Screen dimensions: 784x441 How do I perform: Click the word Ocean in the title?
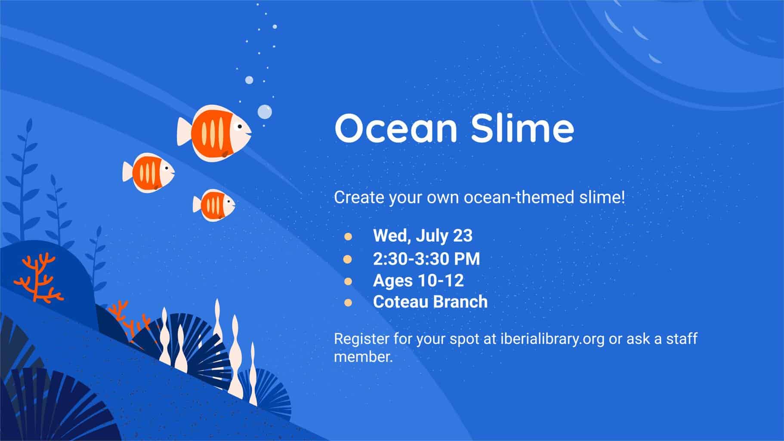click(395, 128)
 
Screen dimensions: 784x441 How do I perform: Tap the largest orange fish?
click(214, 133)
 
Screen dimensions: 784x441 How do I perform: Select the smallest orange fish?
click(214, 205)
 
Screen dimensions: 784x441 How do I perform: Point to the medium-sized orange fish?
click(148, 172)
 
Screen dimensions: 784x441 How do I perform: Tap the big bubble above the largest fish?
click(265, 112)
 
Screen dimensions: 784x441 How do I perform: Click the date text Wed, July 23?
click(423, 236)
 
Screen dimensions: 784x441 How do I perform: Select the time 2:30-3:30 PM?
click(426, 258)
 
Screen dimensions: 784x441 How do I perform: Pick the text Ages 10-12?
click(418, 280)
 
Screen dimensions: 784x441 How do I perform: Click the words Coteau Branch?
click(430, 301)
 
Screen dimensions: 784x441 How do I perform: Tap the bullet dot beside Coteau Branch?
click(348, 303)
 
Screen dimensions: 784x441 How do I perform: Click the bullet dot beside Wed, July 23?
click(348, 236)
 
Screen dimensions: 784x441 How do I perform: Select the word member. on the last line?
click(364, 357)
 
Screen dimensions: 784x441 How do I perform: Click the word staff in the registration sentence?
click(682, 339)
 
